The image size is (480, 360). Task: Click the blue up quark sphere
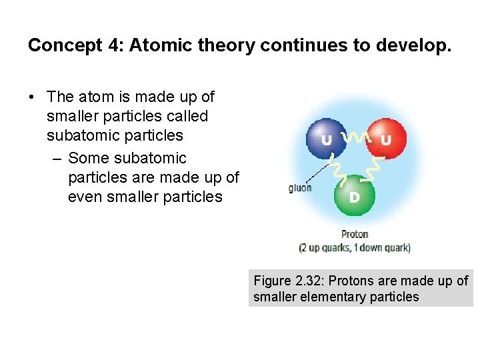[326, 138]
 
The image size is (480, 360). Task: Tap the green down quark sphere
[355, 195]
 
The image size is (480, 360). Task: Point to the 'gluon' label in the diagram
[300, 188]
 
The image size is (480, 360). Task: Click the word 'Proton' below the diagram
[355, 234]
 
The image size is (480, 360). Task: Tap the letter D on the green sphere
[355, 197]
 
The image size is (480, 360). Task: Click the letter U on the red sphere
[386, 140]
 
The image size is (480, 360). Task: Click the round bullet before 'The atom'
[32, 97]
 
